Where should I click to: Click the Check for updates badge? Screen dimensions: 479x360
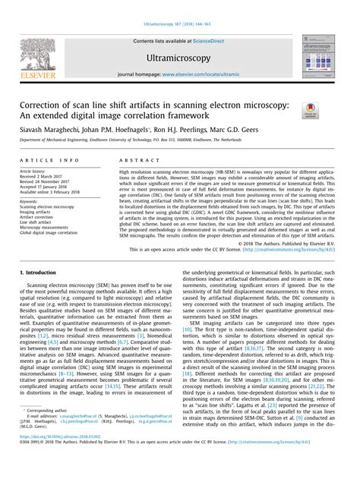click(309, 112)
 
